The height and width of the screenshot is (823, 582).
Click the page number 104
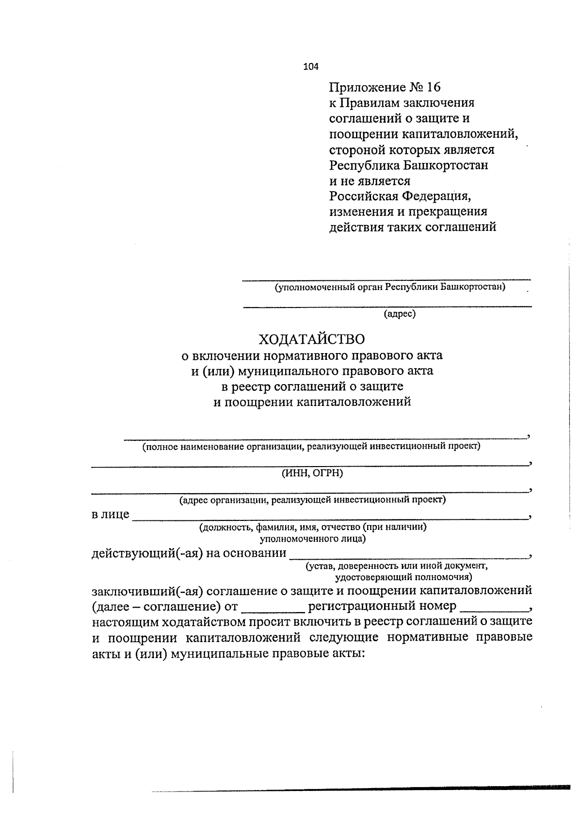311,67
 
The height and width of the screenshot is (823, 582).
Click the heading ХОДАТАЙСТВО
311,339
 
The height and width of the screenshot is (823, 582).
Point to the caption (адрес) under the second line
400,314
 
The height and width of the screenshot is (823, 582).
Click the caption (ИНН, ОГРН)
312,473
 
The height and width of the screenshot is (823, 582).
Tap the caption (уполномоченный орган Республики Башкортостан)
390,287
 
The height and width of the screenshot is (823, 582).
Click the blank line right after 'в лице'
330,517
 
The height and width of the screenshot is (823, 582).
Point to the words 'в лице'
111,515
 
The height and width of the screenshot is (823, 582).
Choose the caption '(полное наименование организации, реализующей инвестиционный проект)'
311,446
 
